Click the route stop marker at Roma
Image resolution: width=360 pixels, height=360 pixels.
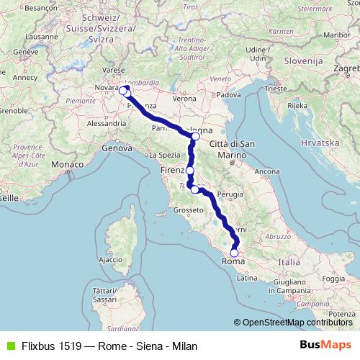pyautogui.click(x=233, y=253)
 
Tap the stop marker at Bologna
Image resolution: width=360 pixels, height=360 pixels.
pyautogui.click(x=196, y=136)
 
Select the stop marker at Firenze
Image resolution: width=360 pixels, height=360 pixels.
pyautogui.click(x=190, y=171)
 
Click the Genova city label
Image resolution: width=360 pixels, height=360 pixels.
pyautogui.click(x=120, y=148)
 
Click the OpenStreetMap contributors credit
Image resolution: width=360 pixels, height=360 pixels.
pyautogui.click(x=297, y=323)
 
